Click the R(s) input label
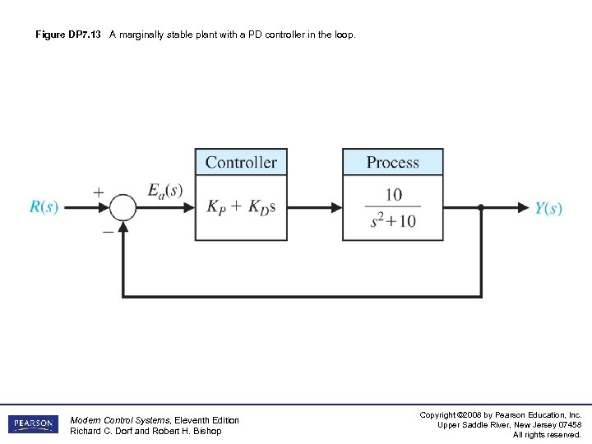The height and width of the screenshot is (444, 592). point(44,207)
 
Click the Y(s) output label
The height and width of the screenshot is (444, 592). point(548,208)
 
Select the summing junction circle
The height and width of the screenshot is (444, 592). point(123,208)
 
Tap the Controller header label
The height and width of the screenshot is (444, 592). point(241,162)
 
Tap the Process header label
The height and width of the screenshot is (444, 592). point(392,162)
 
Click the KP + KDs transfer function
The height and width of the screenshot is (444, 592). point(241,207)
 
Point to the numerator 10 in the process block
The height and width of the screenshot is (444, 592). point(393,195)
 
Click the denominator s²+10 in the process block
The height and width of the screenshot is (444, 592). point(393,221)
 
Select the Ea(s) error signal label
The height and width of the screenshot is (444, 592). point(165,190)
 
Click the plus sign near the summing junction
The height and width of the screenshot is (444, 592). point(98,192)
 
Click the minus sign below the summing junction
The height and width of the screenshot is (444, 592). point(107,232)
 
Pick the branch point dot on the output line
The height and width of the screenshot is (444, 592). point(481,208)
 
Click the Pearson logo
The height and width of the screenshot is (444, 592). point(34,424)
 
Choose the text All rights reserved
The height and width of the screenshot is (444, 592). point(547,435)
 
